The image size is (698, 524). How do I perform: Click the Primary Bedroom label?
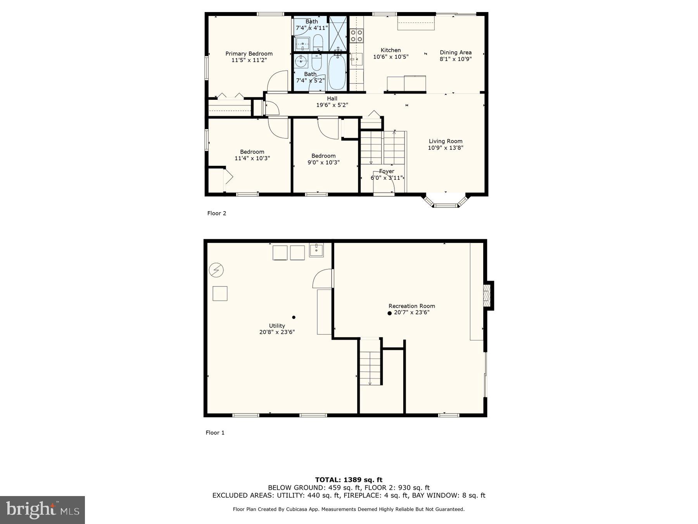coord(249,54)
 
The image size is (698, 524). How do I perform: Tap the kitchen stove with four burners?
coord(356,36)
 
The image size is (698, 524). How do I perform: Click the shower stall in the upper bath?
coord(338,33)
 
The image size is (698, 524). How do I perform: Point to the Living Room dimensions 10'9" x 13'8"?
coord(446,148)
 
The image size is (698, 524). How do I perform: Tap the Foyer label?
coord(387,171)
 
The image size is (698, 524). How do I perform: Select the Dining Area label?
coord(456,52)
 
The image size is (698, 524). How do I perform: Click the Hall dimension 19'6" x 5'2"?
coord(332,105)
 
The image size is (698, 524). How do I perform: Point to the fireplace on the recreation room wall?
coord(487,295)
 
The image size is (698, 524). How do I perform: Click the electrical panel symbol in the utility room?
coord(216,270)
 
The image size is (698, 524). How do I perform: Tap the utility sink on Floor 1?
coord(316,250)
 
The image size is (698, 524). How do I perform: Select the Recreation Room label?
coord(411,306)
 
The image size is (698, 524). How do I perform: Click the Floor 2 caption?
coord(217,213)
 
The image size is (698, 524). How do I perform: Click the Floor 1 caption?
coord(215,432)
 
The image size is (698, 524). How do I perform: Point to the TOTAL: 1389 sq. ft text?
coord(349,480)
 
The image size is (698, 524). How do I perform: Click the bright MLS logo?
coord(42,510)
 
